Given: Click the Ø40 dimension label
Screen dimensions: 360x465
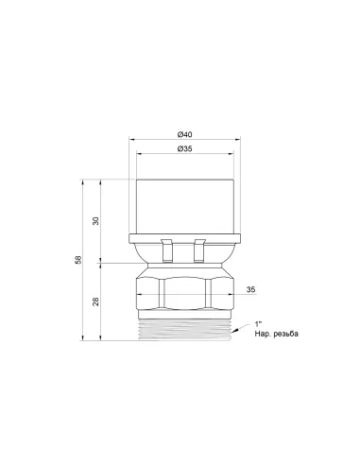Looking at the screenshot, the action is coord(184,134).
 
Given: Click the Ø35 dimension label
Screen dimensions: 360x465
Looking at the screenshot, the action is coord(184,148).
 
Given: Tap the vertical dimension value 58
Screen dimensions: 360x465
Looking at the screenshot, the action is coord(78,260).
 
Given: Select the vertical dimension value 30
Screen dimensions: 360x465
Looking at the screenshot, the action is coord(96,220).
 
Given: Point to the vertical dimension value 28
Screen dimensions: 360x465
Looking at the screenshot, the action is coord(96,301).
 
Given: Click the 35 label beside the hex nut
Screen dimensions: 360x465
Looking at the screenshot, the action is coord(250,289).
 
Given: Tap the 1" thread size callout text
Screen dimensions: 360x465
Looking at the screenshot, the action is coord(258,324).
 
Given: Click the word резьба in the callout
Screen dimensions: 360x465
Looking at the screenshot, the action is coord(286,334).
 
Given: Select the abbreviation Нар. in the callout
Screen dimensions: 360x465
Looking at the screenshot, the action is coord(263,334).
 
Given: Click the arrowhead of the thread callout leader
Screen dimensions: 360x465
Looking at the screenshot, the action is coord(233,331).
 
